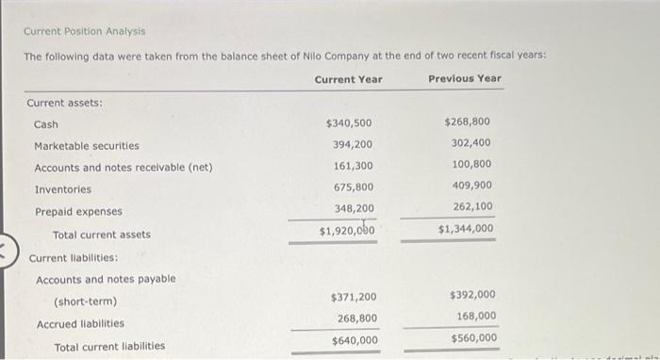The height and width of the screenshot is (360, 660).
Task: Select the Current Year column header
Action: tap(348, 79)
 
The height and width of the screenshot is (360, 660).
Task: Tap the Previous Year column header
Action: tap(465, 78)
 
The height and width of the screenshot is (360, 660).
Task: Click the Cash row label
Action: tap(46, 124)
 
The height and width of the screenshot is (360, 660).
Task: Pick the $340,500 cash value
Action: tap(349, 123)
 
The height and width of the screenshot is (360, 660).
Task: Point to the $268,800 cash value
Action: tap(467, 122)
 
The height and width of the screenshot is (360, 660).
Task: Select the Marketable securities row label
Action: tap(87, 146)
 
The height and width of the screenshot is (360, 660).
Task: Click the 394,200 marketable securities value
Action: tap(353, 144)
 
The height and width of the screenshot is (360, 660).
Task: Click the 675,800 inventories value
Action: tap(353, 188)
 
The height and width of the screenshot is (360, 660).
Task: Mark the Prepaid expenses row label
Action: tap(78, 212)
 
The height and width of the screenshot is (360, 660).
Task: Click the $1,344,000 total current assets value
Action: tap(465, 228)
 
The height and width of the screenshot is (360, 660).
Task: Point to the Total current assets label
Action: tap(101, 235)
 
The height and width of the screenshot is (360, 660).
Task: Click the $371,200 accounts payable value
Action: tap(355, 297)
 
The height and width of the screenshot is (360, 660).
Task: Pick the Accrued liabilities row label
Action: tap(80, 324)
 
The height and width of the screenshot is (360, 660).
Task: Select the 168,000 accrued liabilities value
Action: tap(474, 316)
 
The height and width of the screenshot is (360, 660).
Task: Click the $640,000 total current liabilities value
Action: tap(355, 340)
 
